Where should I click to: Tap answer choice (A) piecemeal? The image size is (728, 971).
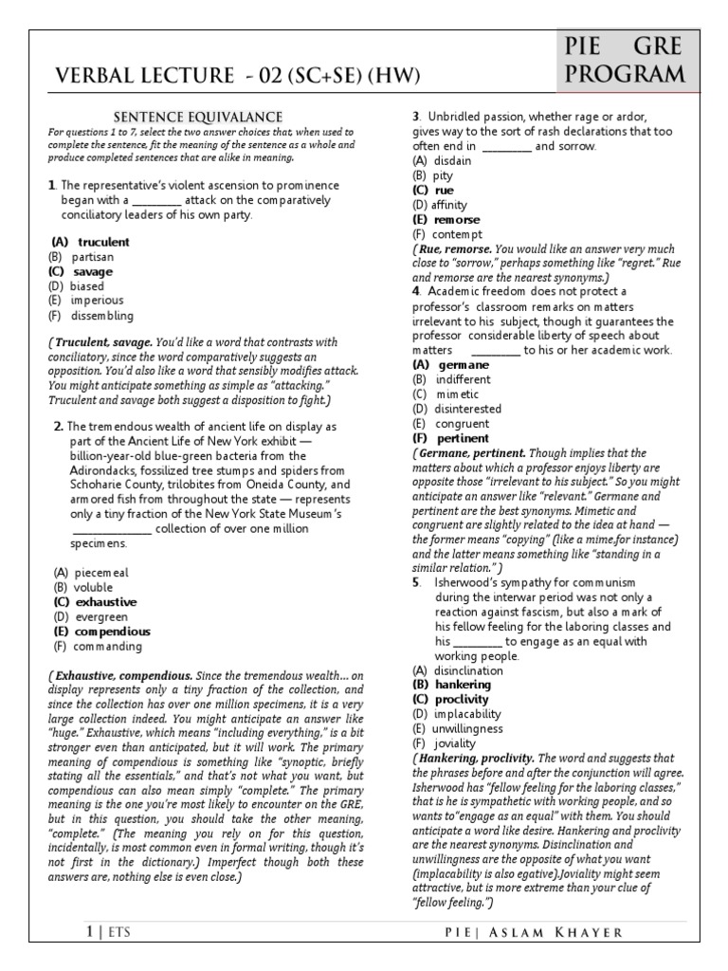pos(91,573)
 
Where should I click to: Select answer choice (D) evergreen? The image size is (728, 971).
pos(91,616)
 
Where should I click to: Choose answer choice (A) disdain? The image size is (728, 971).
pos(442,161)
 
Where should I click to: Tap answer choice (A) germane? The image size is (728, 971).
pos(451,365)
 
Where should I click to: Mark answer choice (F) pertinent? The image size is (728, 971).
pos(451,439)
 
